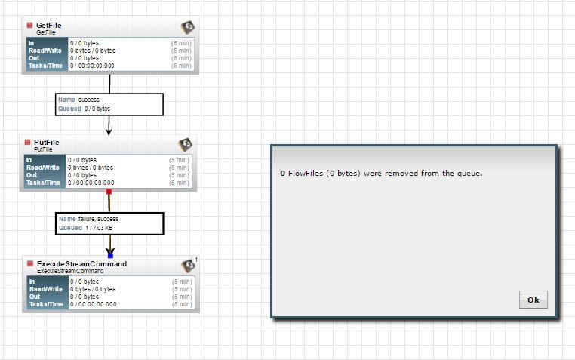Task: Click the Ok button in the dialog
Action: point(533,300)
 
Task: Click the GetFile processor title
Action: point(49,26)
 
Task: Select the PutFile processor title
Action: point(47,142)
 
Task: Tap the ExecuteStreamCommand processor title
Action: point(81,264)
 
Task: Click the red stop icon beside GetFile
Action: point(29,25)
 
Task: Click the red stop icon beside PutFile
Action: point(27,142)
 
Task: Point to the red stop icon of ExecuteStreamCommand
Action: point(30,263)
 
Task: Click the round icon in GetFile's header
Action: point(188,27)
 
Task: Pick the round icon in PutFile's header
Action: point(185,144)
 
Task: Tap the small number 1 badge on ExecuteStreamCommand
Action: point(196,260)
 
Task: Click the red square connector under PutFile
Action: point(109,192)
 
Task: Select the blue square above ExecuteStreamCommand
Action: point(110,256)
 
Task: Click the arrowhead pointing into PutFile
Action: point(109,131)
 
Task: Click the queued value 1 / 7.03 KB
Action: point(99,228)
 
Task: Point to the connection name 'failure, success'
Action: point(98,219)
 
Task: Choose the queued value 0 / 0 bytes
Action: point(97,109)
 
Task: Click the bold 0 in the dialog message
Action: point(283,174)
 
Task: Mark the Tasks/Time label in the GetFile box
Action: point(45,66)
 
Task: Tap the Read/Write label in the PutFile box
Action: point(43,168)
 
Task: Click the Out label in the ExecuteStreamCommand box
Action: point(35,297)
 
